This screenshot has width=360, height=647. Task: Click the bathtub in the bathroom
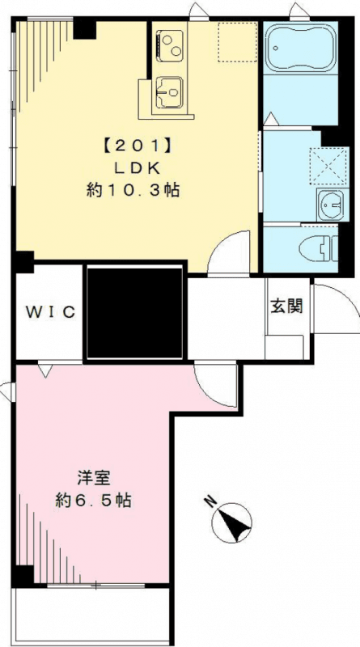click(x=299, y=49)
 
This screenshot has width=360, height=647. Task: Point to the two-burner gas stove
click(x=171, y=44)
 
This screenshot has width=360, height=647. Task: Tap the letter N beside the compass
click(x=210, y=501)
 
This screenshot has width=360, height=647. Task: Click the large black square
click(x=135, y=311)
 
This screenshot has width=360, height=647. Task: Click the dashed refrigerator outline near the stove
click(x=235, y=41)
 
